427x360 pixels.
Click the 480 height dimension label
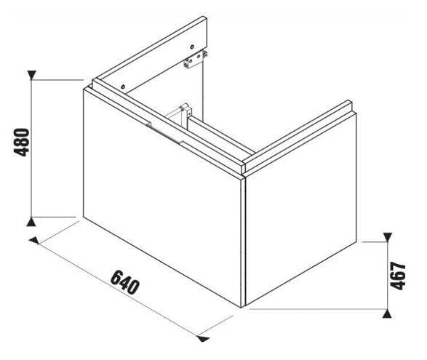coord(22,142)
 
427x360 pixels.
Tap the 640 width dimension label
coord(125,282)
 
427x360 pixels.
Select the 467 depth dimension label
coord(398,276)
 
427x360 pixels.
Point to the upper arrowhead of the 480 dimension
coord(32,75)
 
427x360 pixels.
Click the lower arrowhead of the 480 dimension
coord(31,222)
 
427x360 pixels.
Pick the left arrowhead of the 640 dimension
coord(33,241)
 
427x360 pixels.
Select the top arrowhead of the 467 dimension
coord(387,237)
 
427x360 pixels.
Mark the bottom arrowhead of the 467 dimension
coord(387,313)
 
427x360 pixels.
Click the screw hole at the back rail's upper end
coord(192,47)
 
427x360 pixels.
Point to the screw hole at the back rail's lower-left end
coord(123,87)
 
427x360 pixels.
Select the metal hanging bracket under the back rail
coord(195,60)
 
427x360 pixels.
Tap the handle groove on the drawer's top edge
coord(164,133)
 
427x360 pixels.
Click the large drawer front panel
coord(162,197)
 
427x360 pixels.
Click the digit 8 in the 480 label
coord(22,143)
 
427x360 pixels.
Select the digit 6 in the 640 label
coord(116,276)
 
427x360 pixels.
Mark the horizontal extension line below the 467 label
coord(318,309)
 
